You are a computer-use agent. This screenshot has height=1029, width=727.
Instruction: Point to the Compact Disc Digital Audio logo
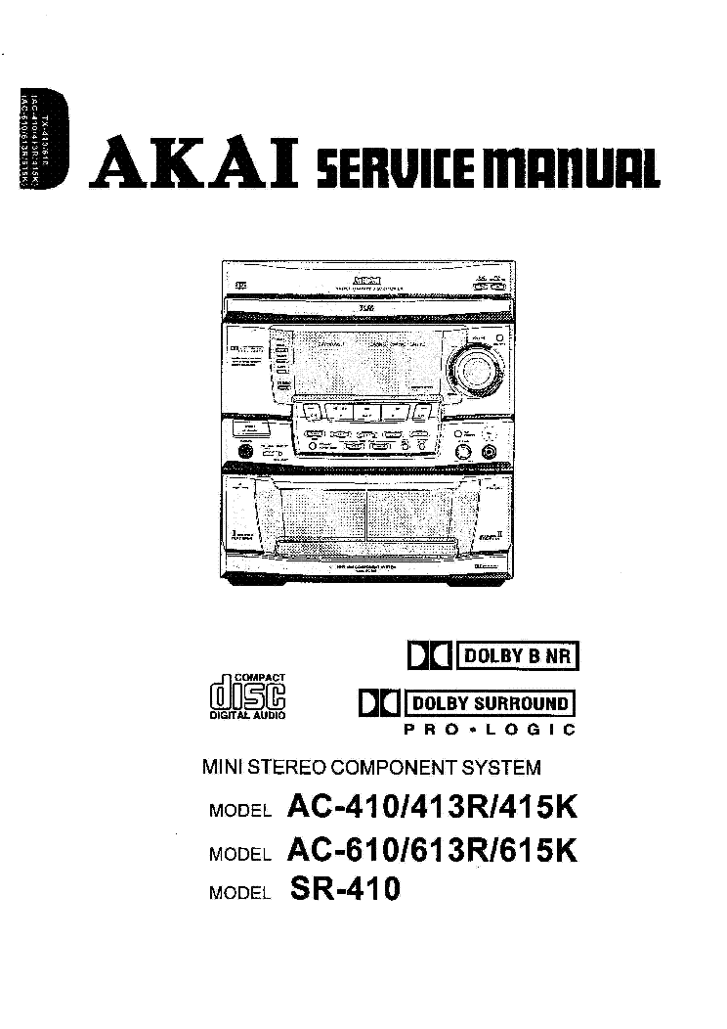[248, 696]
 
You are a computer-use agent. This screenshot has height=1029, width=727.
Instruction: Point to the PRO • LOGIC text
[490, 730]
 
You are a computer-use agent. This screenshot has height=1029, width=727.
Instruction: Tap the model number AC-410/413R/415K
[433, 808]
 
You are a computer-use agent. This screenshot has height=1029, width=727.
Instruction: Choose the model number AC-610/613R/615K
[433, 850]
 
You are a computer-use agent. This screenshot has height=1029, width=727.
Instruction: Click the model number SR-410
[345, 889]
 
